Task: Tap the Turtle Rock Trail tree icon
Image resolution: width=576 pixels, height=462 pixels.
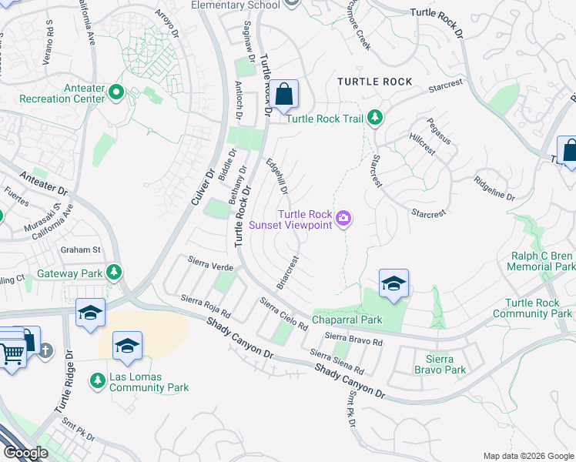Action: click(x=375, y=118)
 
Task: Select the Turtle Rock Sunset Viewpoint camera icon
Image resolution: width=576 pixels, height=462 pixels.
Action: click(x=343, y=220)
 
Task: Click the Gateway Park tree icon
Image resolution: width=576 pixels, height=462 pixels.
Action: click(x=114, y=273)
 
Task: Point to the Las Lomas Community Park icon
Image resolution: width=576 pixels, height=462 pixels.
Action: click(x=98, y=380)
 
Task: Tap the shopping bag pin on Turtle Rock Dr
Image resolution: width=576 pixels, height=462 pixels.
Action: click(x=283, y=95)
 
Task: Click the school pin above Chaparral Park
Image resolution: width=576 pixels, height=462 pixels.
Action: click(x=393, y=284)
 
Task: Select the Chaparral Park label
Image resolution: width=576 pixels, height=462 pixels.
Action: click(x=347, y=320)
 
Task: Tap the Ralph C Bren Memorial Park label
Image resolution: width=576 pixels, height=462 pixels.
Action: click(x=542, y=262)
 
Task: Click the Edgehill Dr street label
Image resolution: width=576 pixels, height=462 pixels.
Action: click(x=277, y=176)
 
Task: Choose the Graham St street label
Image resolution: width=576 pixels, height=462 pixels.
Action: click(x=82, y=249)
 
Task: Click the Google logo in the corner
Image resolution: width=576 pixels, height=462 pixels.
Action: click(x=25, y=453)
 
